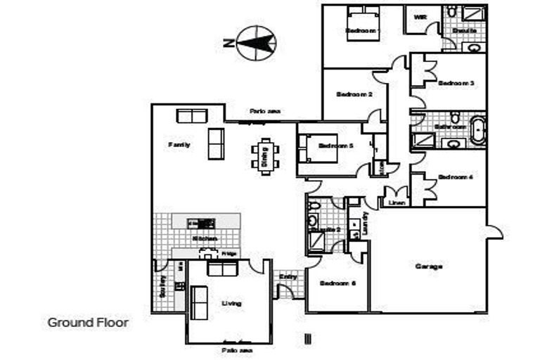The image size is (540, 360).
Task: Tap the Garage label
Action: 428,266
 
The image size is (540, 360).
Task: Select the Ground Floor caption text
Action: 88,323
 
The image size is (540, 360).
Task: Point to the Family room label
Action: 179,144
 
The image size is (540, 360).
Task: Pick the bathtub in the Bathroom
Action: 478,131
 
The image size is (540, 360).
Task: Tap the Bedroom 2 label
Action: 354,94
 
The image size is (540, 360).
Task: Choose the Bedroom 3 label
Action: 456,83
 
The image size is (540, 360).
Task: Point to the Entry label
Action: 288,277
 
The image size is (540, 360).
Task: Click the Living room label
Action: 231,303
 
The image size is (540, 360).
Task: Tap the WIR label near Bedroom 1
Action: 420,17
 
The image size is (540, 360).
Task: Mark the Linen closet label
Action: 396,203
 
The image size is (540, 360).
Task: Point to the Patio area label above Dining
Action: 266,111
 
